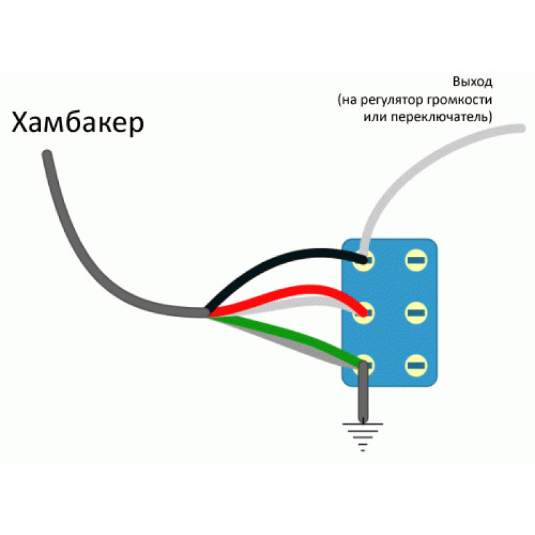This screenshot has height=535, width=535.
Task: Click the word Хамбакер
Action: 78,122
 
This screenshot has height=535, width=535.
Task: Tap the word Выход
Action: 473,82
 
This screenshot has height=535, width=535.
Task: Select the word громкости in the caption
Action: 460,100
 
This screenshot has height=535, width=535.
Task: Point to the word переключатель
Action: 441,117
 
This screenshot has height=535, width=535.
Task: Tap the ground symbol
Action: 362,437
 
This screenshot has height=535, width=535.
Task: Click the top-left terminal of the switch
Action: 364,261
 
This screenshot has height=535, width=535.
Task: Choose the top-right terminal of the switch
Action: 416,261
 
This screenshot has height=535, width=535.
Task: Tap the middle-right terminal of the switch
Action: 416,312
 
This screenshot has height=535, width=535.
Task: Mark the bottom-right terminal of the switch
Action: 416,365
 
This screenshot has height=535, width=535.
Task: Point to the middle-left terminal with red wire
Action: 364,312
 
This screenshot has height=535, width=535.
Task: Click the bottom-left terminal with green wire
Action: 364,365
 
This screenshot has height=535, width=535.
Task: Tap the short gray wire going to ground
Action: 363,393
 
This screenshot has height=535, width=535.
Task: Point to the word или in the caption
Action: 375,117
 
